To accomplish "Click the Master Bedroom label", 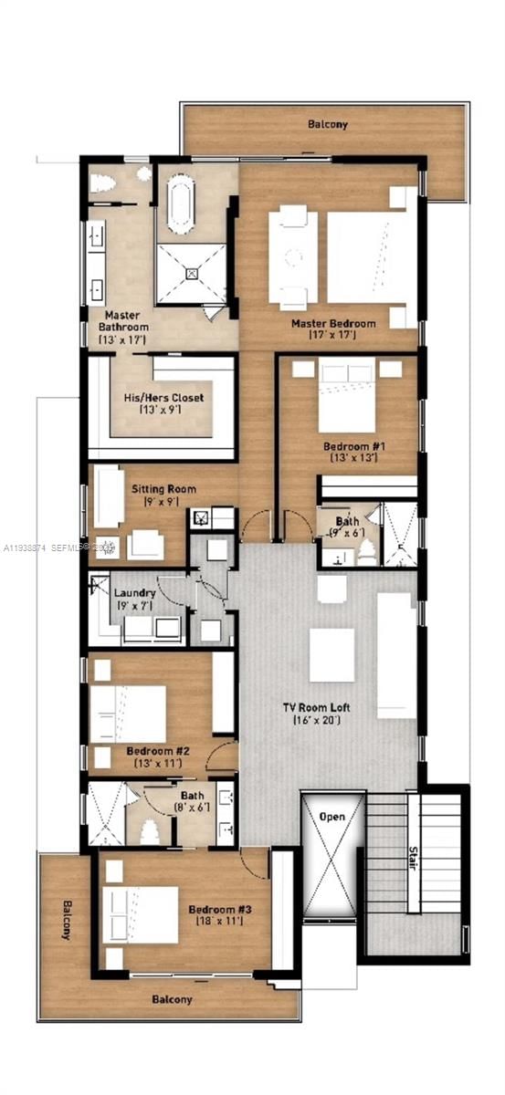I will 333,323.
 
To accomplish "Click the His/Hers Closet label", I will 163,398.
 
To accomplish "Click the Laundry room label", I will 134,592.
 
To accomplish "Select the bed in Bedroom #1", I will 347,398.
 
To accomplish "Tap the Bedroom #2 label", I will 158,750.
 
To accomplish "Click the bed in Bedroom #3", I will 142,913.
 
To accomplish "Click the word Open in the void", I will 332,816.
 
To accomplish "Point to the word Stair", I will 413,859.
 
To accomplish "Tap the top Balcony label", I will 327,123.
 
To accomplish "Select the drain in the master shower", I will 193,272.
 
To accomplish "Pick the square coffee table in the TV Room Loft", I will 331,655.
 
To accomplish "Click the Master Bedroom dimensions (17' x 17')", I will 332,336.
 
